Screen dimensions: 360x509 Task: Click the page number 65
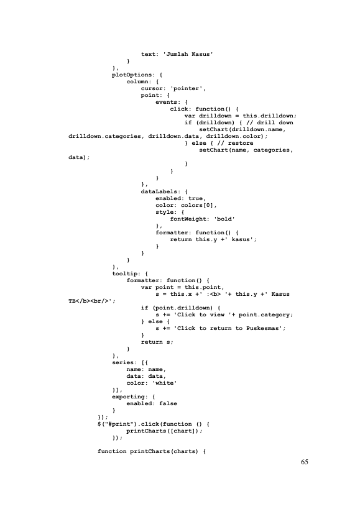304,462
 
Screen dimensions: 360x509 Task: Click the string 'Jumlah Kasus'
188,54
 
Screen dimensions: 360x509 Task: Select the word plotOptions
132,75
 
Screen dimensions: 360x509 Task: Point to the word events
166,102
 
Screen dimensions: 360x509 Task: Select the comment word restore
241,143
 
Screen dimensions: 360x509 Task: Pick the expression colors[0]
197,205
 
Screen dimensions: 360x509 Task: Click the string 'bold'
224,219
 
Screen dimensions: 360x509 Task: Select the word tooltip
124,273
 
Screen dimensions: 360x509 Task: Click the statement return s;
157,342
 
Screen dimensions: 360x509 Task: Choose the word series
122,362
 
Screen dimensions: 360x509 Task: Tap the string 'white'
165,383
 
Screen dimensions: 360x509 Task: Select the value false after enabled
168,403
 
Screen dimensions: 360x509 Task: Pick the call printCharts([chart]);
165,431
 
